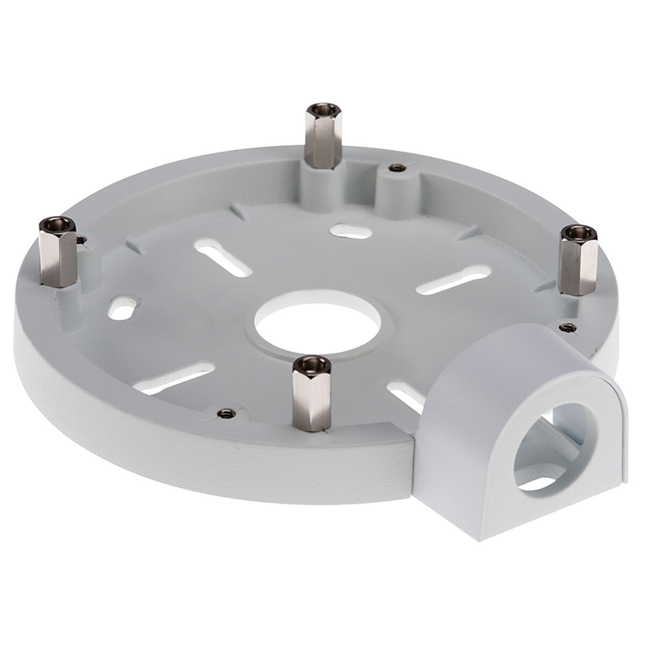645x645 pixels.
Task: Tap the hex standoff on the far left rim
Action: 59,251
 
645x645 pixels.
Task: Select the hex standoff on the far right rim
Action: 578,260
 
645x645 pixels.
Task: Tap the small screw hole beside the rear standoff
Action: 397,168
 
